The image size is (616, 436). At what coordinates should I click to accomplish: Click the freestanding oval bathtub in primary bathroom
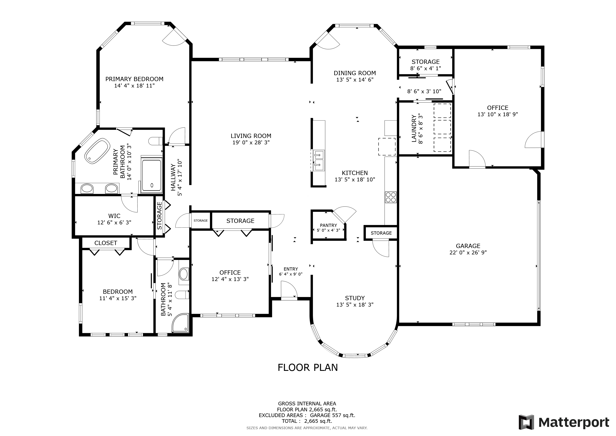pos(97,151)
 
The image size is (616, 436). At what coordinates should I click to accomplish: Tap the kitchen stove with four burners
pos(390,197)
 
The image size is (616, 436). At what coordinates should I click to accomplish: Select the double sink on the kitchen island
pos(319,161)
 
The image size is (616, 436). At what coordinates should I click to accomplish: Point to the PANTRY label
pos(328,225)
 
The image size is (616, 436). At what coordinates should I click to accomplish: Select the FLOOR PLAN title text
pos(307,367)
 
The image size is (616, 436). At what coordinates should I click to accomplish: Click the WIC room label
pos(114,216)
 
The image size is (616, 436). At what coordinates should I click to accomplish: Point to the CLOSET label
pos(106,243)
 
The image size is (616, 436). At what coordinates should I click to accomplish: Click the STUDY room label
pos(355,298)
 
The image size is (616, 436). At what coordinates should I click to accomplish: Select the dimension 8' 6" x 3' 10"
pos(424,92)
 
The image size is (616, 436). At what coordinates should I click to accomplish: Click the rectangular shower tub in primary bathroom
pos(152,175)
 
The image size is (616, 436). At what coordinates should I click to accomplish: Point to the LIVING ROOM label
pos(251,136)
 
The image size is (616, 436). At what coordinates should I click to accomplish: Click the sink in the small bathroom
pos(184,274)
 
